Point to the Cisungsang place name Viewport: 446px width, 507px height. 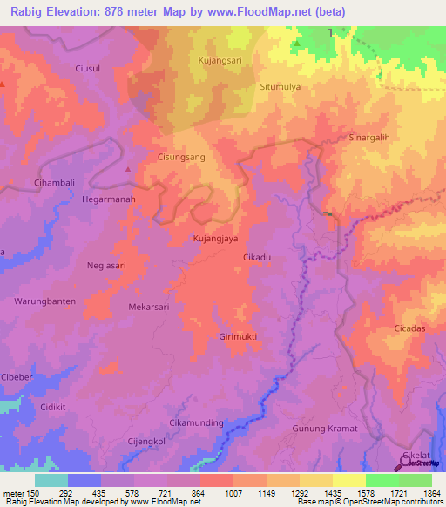[x=180, y=158]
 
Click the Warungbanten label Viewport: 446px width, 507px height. [x=44, y=301]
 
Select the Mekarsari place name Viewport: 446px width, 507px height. [x=149, y=307]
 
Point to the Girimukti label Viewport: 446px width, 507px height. [x=238, y=335]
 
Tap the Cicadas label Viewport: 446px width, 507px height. [x=409, y=328]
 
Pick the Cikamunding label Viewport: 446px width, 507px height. [x=196, y=422]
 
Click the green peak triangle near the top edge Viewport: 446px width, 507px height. [x=297, y=43]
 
